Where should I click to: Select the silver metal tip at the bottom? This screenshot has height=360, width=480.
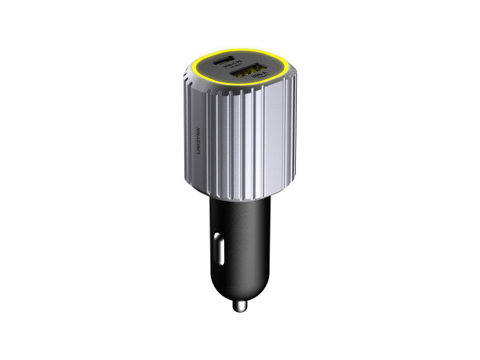click(239, 305)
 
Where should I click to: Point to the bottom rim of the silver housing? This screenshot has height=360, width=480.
click(240, 196)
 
